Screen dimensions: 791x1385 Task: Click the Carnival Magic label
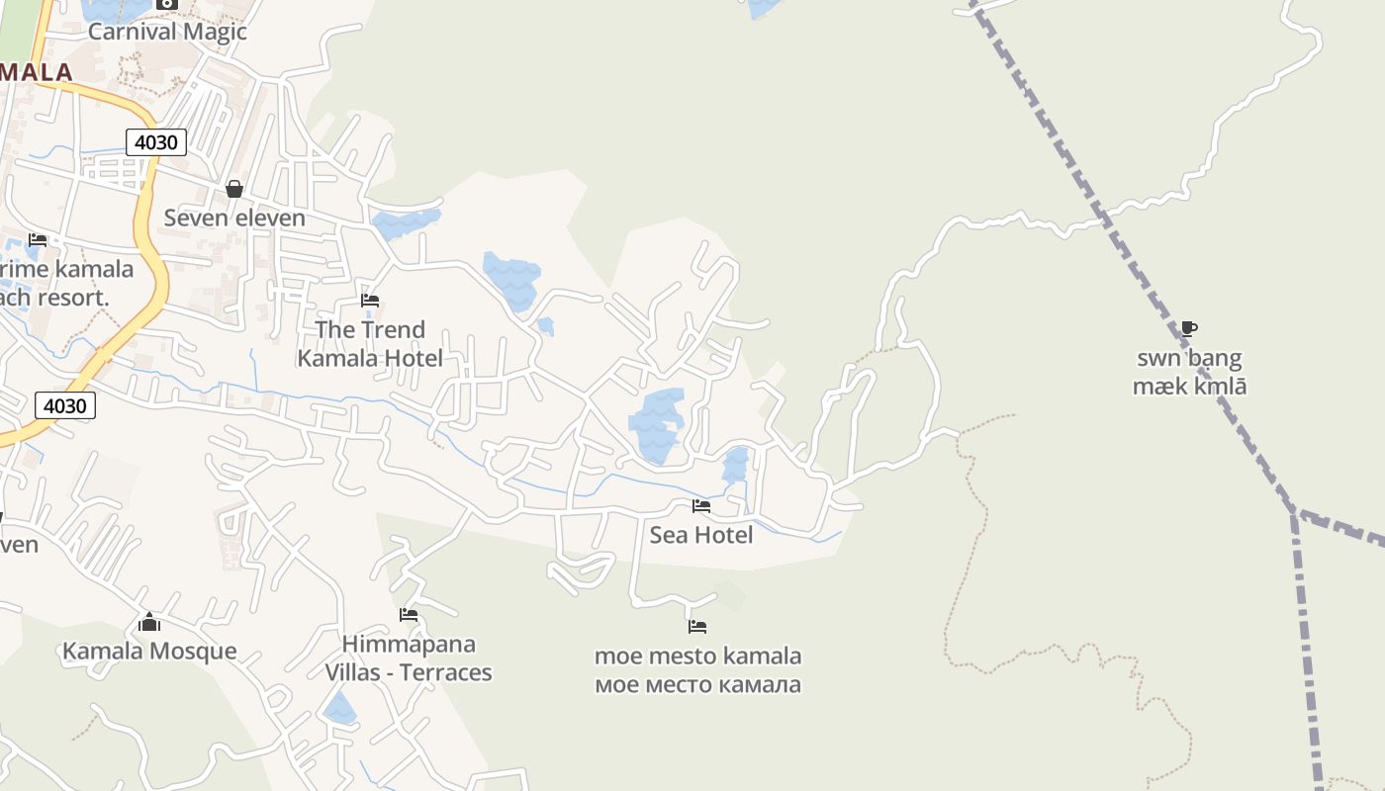click(167, 32)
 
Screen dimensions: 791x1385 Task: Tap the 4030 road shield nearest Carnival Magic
click(156, 142)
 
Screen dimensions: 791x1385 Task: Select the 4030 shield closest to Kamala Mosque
click(65, 405)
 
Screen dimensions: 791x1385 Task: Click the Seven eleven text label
click(234, 218)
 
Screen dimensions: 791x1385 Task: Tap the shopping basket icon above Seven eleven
click(234, 188)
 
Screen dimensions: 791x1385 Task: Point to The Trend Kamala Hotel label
click(370, 343)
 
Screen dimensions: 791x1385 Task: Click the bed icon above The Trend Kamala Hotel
click(370, 300)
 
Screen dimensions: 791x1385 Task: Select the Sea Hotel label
click(701, 535)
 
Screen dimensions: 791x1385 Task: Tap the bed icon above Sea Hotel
click(701, 506)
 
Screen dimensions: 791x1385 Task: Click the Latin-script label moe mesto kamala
click(697, 656)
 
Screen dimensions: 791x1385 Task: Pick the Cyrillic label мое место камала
click(697, 684)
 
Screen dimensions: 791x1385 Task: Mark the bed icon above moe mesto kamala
click(697, 626)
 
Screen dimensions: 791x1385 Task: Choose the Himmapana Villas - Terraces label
click(409, 659)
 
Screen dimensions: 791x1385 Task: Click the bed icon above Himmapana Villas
click(409, 615)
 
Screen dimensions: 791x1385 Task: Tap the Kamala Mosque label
click(149, 651)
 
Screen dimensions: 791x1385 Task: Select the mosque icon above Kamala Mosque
click(149, 622)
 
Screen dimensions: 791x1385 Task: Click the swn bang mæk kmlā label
click(1189, 372)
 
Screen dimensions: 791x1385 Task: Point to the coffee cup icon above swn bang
click(1189, 328)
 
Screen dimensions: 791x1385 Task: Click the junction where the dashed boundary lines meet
click(1295, 513)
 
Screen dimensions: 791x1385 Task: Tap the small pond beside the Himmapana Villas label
click(339, 708)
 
